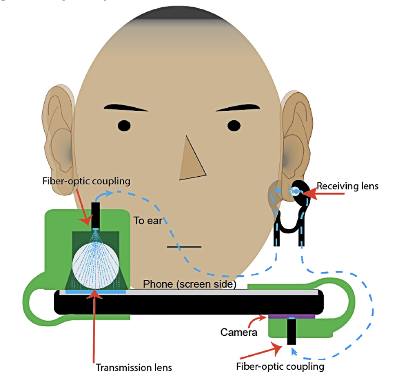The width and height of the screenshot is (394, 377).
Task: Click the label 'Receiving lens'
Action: (348, 186)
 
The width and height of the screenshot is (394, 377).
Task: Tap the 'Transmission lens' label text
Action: (134, 367)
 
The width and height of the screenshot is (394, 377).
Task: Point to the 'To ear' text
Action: (148, 221)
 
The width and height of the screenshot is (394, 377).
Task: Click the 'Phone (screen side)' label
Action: (190, 284)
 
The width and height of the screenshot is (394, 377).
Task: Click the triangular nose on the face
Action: (191, 163)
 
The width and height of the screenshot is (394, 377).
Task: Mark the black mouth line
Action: (184, 247)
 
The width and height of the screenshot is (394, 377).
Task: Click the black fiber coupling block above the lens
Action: (95, 214)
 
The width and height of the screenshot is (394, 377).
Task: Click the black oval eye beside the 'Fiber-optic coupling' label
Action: (125, 126)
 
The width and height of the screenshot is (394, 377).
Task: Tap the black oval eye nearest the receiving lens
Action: (234, 125)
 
